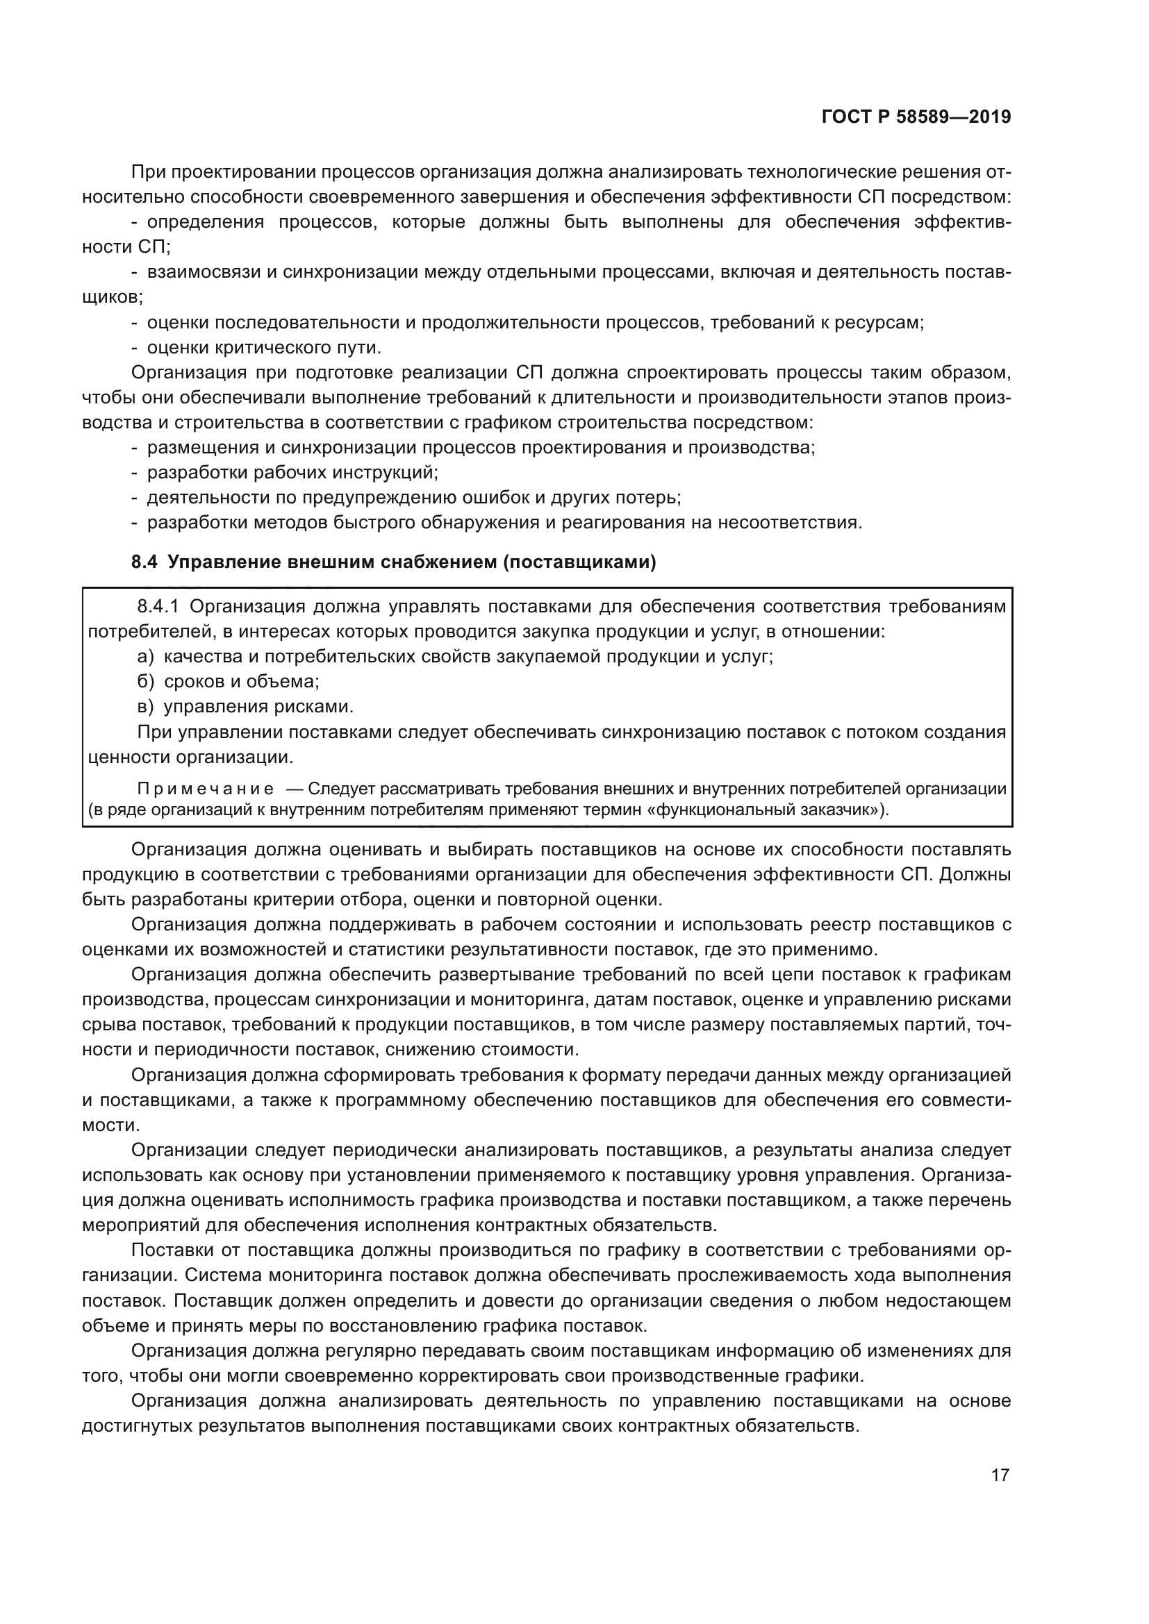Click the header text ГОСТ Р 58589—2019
pos(916,117)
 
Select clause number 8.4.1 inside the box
pos(159,607)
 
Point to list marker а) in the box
pos(145,656)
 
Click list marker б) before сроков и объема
pos(145,681)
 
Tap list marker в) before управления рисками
pos(145,707)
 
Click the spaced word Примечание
pos(205,789)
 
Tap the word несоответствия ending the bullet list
pos(790,523)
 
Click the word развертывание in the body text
pos(506,975)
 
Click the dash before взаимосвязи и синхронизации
pos(135,273)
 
